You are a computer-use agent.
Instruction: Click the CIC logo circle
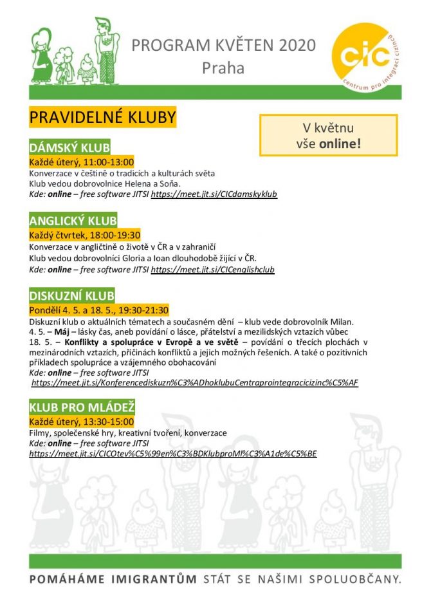click(x=363, y=53)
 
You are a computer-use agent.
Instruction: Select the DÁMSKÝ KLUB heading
click(x=69, y=147)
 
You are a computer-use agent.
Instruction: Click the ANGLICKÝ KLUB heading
click(x=73, y=222)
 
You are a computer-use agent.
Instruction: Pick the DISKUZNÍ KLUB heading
click(x=72, y=296)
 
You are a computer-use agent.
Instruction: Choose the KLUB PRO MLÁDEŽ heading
click(x=82, y=408)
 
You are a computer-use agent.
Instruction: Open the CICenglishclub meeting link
click(x=212, y=270)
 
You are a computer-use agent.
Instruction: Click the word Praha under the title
click(x=223, y=67)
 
